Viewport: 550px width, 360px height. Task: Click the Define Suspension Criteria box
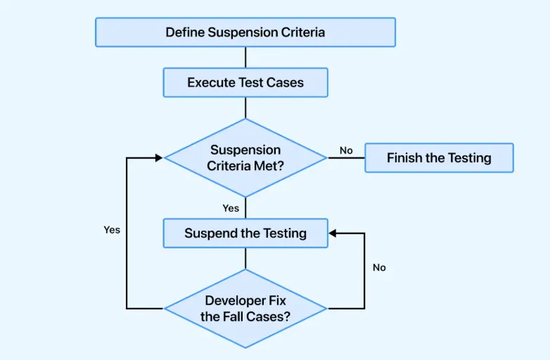point(245,32)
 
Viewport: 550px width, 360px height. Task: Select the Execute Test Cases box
point(245,82)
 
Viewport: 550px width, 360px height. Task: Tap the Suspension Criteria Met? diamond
point(245,157)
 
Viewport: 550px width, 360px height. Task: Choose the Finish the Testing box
point(439,157)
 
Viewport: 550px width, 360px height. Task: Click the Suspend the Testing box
point(245,233)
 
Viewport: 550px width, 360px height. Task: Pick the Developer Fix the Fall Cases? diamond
point(245,309)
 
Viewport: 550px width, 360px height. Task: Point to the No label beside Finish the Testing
point(346,150)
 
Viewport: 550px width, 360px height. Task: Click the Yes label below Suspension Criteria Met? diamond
point(231,208)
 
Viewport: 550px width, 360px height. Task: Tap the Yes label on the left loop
point(112,230)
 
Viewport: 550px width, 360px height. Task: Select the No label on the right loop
point(379,267)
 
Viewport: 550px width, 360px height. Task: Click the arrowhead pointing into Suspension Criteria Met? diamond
point(159,157)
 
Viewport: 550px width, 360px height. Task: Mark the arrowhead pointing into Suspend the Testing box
point(333,233)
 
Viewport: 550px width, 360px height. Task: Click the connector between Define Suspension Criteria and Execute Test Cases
point(245,57)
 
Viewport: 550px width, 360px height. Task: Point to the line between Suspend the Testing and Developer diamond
point(245,258)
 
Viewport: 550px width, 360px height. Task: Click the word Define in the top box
point(185,32)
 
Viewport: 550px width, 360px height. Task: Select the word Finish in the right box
point(404,157)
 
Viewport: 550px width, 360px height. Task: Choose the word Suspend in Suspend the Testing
point(210,233)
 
